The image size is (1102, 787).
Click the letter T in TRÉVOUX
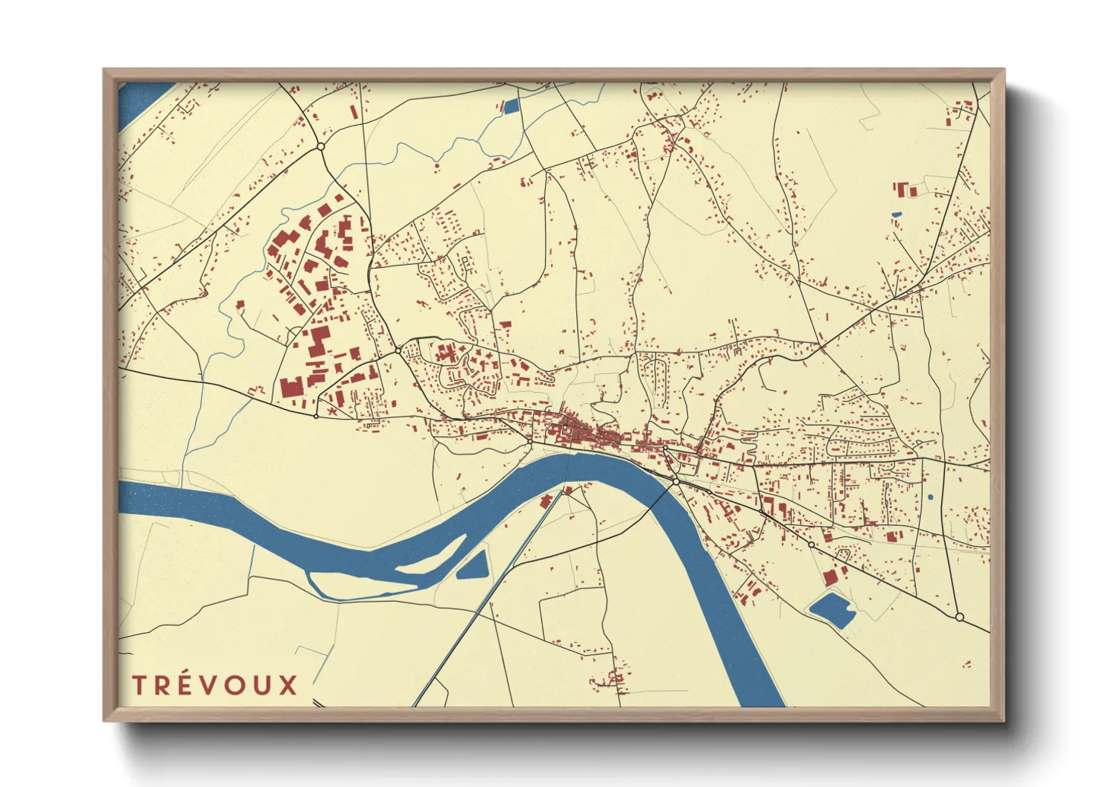(x=138, y=685)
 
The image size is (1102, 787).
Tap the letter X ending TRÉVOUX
(x=287, y=685)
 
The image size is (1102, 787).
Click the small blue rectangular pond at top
(x=511, y=106)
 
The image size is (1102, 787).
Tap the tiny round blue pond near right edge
(x=930, y=497)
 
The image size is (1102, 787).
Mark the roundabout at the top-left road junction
(x=321, y=147)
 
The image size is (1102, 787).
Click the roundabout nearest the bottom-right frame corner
(x=959, y=617)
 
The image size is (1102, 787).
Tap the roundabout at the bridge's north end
(x=675, y=482)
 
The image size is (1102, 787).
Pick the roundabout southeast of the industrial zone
(x=398, y=350)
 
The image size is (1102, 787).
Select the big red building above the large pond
(x=830, y=577)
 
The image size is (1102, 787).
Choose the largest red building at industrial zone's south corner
(x=291, y=388)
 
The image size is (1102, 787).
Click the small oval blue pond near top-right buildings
(x=896, y=215)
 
